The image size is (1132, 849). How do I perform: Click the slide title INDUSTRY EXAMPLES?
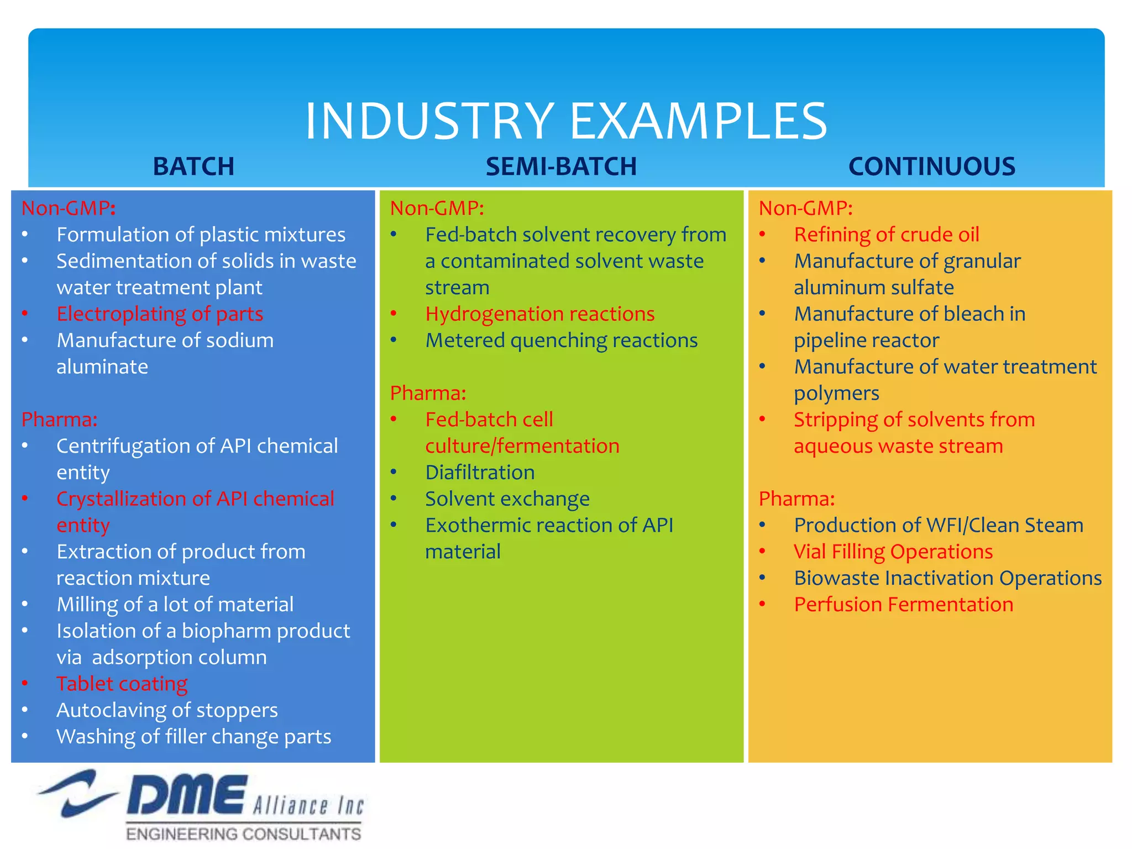(x=565, y=120)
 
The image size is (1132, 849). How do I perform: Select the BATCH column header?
(x=193, y=166)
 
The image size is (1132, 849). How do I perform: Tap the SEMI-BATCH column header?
(x=561, y=166)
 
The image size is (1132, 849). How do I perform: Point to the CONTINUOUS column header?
(x=931, y=166)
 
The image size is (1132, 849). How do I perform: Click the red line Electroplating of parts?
(x=160, y=314)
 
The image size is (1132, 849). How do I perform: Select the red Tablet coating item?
(x=122, y=684)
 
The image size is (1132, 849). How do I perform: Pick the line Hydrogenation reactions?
(x=539, y=314)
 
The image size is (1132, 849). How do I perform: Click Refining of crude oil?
(x=886, y=234)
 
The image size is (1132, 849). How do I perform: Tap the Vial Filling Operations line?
(x=893, y=552)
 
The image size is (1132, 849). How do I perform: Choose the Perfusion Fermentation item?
(x=903, y=604)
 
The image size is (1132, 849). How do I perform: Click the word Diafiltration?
(x=480, y=473)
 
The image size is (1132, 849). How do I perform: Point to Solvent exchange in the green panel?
(x=507, y=499)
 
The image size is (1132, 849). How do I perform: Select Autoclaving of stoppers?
(x=167, y=710)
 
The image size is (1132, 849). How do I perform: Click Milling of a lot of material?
(x=175, y=604)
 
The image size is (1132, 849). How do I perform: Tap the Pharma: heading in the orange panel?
(x=796, y=499)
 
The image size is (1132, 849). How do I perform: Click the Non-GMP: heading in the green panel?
(x=437, y=208)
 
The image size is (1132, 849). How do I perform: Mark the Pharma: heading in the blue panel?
(x=59, y=420)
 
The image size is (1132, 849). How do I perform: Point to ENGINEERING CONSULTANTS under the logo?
(x=243, y=834)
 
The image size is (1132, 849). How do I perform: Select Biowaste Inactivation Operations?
(x=947, y=578)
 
